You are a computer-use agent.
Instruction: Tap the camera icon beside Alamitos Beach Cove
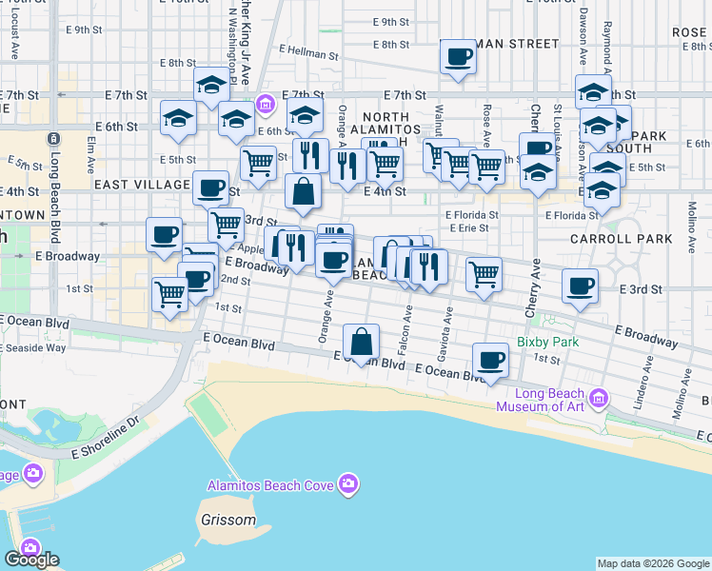(349, 485)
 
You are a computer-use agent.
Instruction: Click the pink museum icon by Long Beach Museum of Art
(598, 396)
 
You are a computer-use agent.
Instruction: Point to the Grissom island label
(228, 521)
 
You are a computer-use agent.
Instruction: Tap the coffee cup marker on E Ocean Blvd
(491, 360)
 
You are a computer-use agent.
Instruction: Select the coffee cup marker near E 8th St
(458, 57)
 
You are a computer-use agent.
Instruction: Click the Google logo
(30, 560)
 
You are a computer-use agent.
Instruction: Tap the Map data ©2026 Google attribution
(653, 563)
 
